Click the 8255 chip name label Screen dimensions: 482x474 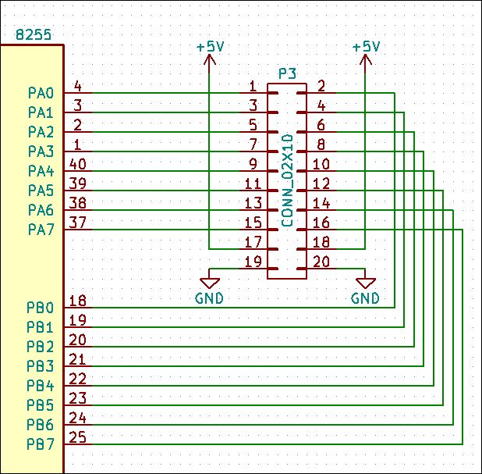(34, 34)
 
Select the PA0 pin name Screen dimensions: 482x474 (41, 93)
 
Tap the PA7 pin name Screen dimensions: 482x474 (41, 230)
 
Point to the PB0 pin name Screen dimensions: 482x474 (41, 308)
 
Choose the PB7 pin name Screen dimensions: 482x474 (41, 444)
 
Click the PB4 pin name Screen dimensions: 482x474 (41, 386)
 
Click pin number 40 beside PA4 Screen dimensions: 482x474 (77, 164)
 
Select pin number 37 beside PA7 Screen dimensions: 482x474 (77, 223)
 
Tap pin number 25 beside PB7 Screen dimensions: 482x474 (77, 437)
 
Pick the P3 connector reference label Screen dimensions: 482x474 (288, 74)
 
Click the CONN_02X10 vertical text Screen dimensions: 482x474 (287, 180)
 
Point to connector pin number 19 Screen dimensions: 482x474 (253, 262)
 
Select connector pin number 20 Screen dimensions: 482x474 (321, 262)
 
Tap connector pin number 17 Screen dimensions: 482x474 (253, 242)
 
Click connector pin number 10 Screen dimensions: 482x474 (321, 164)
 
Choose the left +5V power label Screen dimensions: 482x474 (211, 47)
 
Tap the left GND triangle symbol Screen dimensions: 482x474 (210, 283)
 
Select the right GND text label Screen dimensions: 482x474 (365, 298)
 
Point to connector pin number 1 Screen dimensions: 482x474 (253, 86)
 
